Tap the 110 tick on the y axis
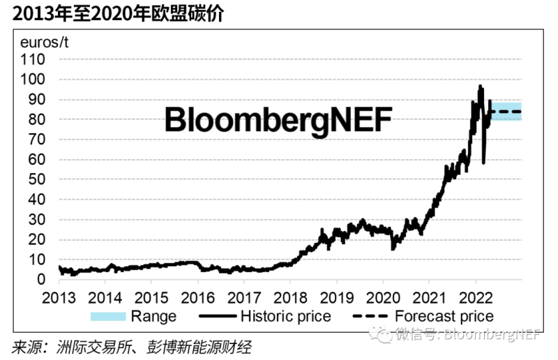pyautogui.click(x=33, y=60)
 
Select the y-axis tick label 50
pyautogui.click(x=36, y=180)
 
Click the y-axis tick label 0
pyautogui.click(x=40, y=280)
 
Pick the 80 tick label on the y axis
pyautogui.click(x=36, y=120)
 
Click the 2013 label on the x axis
pyautogui.click(x=59, y=296)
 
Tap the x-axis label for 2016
pyautogui.click(x=198, y=296)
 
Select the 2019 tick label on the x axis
pyautogui.click(x=337, y=296)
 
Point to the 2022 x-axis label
pyautogui.click(x=476, y=296)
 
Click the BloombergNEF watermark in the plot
pyautogui.click(x=278, y=119)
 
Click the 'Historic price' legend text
pyautogui.click(x=285, y=316)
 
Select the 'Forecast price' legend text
pyautogui.click(x=444, y=316)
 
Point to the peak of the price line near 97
pyautogui.click(x=480, y=87)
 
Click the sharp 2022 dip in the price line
pyautogui.click(x=484, y=162)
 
